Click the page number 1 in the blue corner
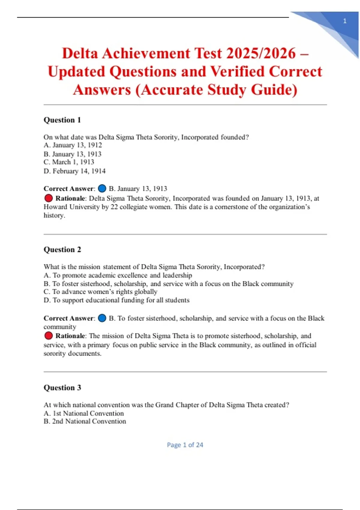pos(345,21)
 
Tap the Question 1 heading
pos(62,120)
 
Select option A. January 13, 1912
pos(73,145)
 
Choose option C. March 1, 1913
pos(69,162)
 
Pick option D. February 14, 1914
pos(75,171)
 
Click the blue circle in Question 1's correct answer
pos(102,188)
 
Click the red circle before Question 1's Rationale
pos(48,198)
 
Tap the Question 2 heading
pos(62,250)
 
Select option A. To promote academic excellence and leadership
pos(118,275)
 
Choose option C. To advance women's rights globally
pos(100,292)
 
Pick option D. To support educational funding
pos(117,300)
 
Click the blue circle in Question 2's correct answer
pos(102,318)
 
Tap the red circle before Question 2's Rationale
pos(48,336)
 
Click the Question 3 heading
pos(62,388)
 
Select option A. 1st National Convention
pos(84,413)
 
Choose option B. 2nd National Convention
pos(85,421)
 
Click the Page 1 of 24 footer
pos(185,445)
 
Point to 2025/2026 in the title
pos(261,53)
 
